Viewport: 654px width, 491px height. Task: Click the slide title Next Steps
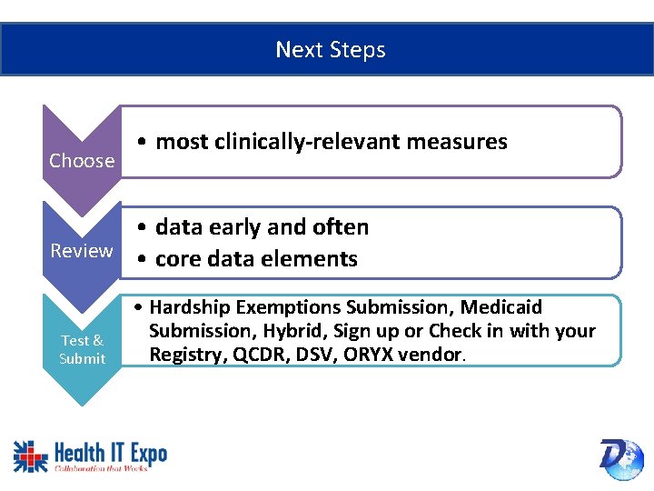[331, 50]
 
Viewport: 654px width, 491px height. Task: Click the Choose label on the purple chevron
[82, 161]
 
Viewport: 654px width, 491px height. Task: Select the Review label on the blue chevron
[82, 251]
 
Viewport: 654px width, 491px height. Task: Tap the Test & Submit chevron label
[82, 349]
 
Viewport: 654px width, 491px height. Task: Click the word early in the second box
[235, 227]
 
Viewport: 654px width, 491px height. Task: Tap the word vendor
[431, 354]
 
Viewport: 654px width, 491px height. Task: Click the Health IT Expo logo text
[109, 452]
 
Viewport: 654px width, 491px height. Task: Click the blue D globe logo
[620, 458]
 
